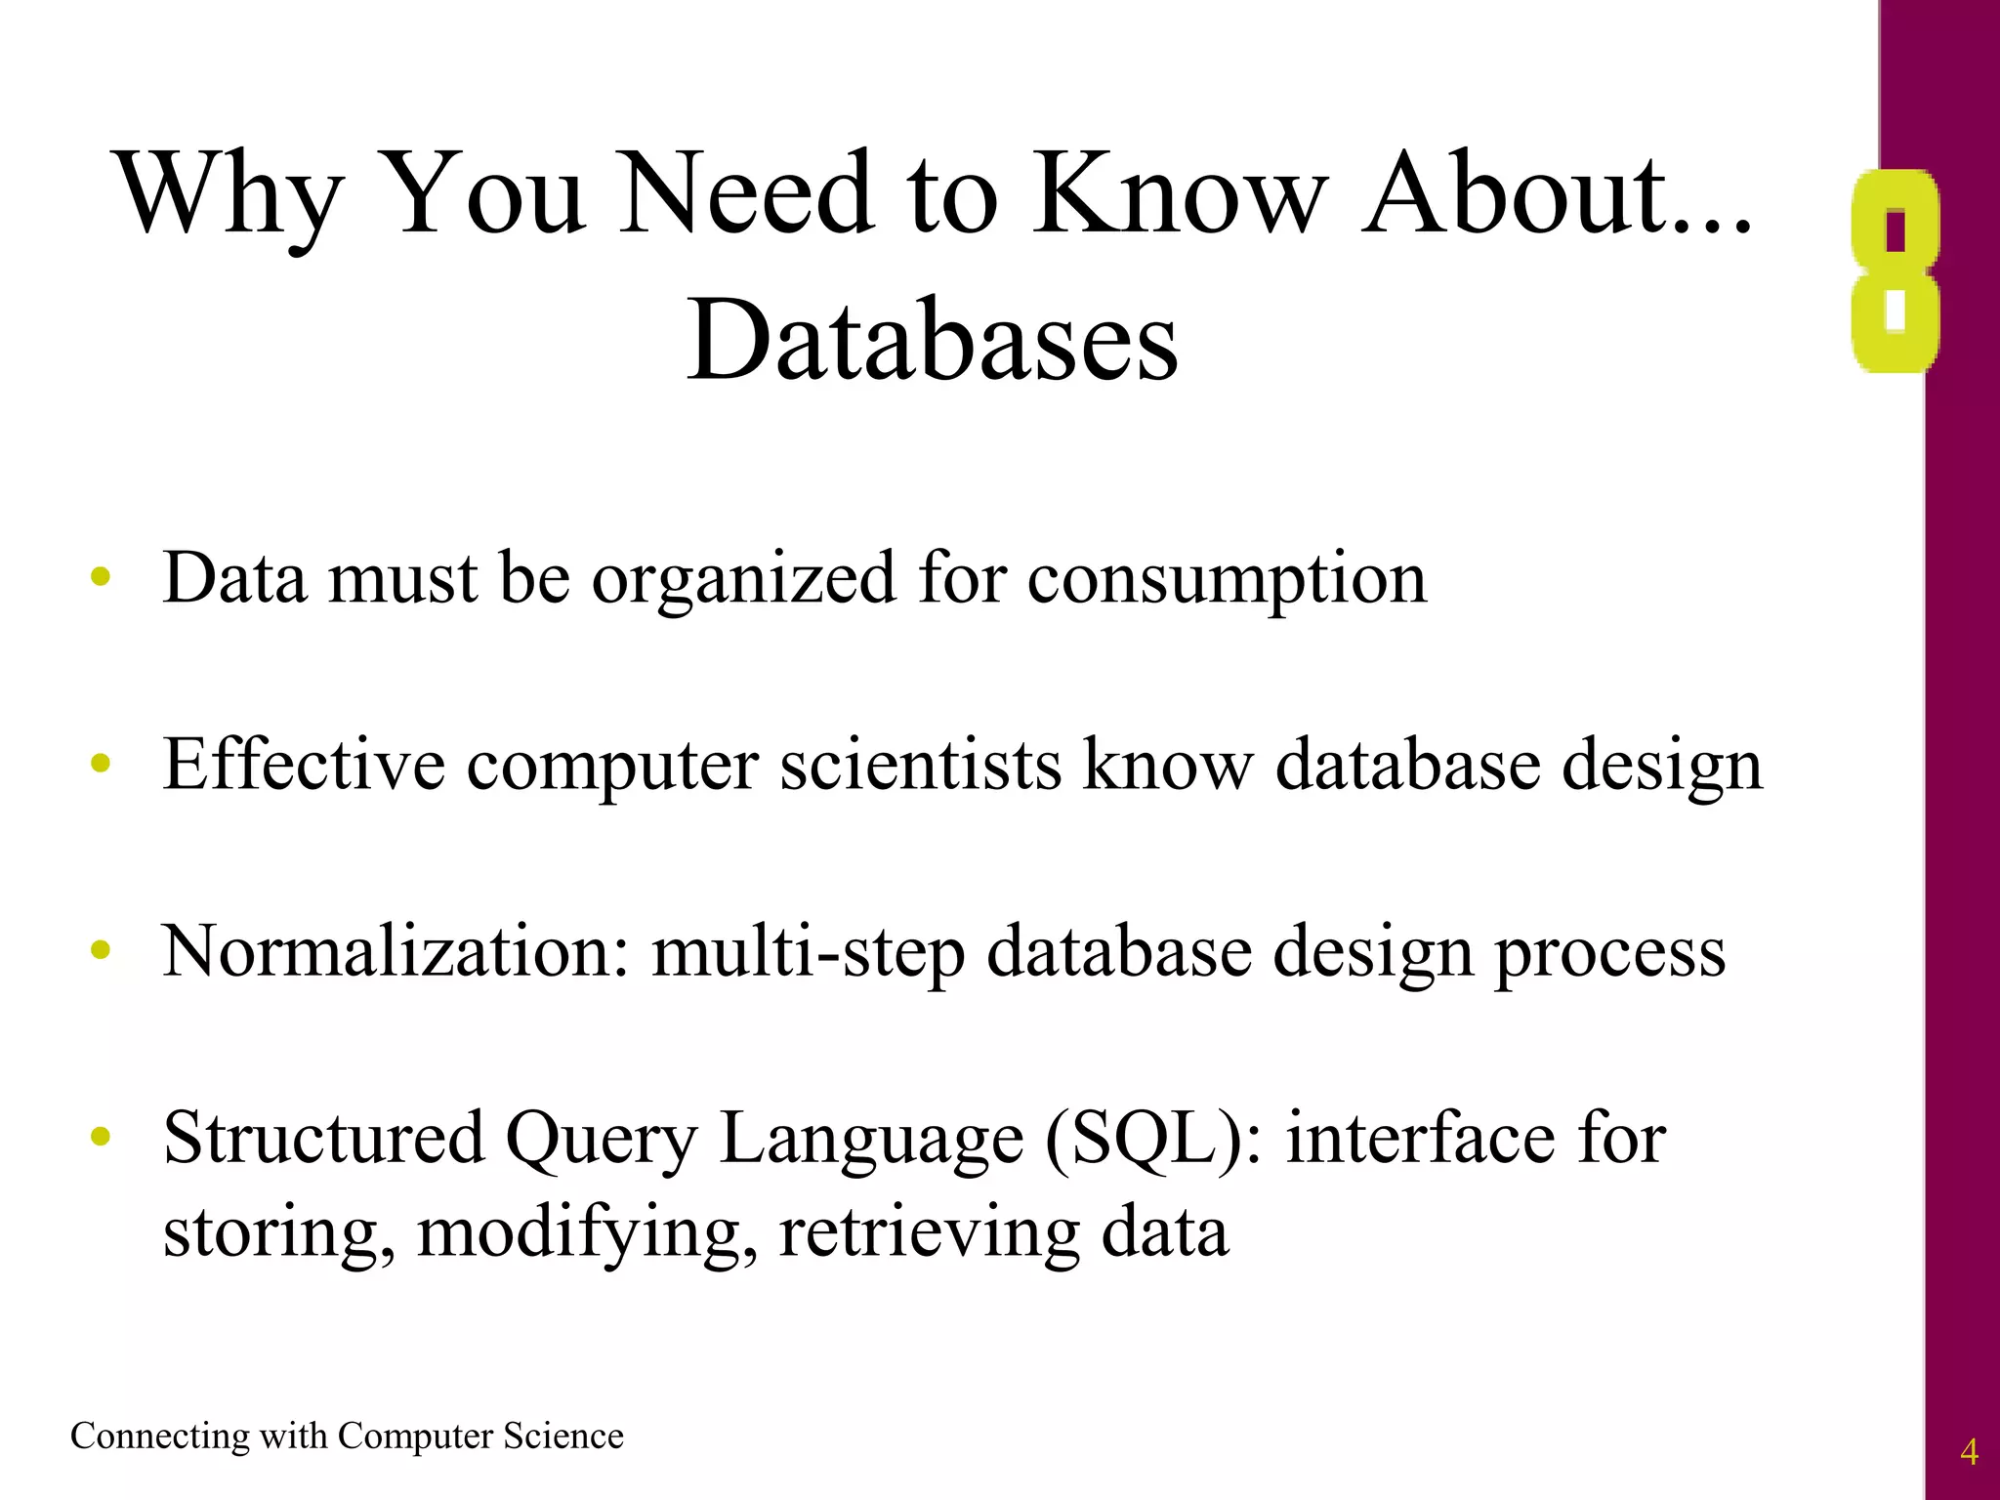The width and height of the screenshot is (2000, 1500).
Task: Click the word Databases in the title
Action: [933, 341]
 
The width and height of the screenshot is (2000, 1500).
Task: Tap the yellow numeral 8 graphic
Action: [1895, 271]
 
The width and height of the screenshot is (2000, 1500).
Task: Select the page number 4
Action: [1969, 1452]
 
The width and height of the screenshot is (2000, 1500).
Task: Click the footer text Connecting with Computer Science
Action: [347, 1437]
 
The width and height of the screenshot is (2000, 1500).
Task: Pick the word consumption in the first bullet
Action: [1227, 578]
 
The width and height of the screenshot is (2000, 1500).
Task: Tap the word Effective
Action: [304, 764]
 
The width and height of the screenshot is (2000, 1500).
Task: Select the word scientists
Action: [920, 764]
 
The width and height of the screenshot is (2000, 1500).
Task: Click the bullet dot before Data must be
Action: [101, 578]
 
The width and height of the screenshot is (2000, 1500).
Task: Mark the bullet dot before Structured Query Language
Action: [101, 1137]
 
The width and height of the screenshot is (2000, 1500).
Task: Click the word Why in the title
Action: [230, 195]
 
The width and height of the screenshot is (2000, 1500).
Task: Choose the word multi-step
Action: [809, 951]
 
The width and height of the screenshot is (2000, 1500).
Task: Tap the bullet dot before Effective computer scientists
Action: [101, 764]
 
